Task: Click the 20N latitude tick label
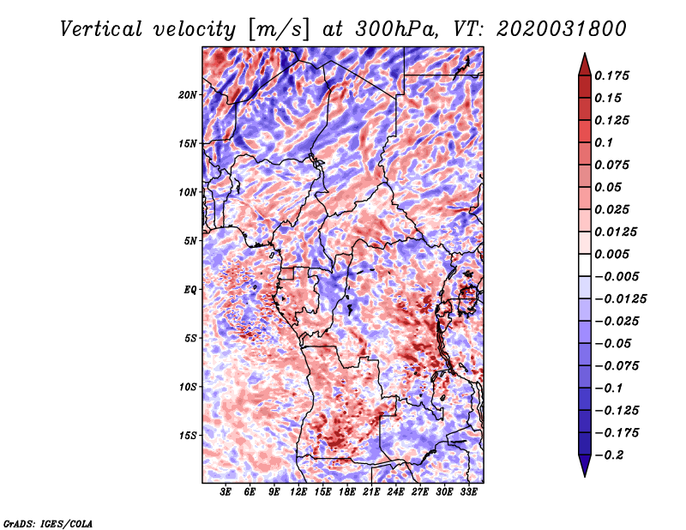click(188, 95)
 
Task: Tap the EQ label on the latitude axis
click(190, 290)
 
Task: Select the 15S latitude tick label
click(188, 436)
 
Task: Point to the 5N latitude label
click(190, 241)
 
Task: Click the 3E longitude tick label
click(226, 492)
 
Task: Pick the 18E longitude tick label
click(347, 492)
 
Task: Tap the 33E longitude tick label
click(468, 492)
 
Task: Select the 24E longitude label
click(395, 492)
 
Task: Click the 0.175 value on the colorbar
click(612, 75)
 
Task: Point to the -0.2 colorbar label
click(609, 455)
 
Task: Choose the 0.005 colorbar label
click(612, 254)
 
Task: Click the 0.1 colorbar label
click(605, 142)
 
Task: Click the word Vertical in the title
click(100, 29)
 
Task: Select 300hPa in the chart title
click(395, 29)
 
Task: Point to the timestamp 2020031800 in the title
click(562, 29)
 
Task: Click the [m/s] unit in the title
click(279, 29)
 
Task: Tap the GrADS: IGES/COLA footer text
click(48, 524)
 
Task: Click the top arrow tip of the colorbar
click(585, 53)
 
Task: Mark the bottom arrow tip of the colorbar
click(585, 477)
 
